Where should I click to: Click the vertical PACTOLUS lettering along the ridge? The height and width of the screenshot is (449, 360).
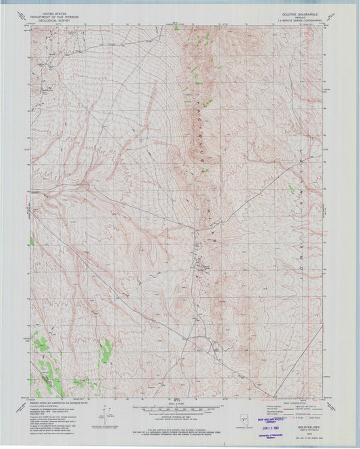click(x=201, y=135)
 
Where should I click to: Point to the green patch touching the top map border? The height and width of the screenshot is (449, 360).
click(x=176, y=28)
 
